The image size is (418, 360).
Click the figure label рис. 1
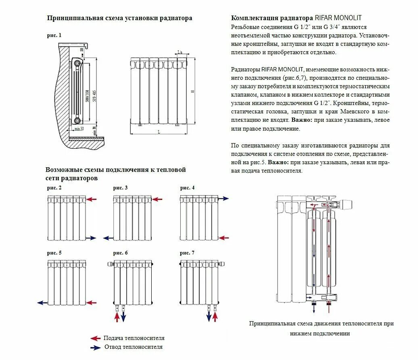pos(54,35)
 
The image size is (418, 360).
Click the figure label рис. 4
pos(187,188)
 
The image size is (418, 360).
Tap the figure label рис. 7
pos(187,253)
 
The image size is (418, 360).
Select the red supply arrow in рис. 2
pos(92,199)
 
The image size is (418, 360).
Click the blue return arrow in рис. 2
pos(92,238)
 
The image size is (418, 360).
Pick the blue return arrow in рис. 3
pos(109,238)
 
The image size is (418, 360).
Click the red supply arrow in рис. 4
pos(224,238)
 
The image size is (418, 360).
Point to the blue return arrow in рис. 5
pos(42,302)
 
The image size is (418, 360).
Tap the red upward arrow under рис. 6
pos(117,317)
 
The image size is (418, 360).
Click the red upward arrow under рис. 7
pos(215,317)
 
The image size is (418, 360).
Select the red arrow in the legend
pos(95,338)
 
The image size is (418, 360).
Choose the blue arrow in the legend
pos(95,347)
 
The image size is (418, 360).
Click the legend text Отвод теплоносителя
pos(133,347)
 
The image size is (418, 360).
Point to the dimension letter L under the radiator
pos(159,132)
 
